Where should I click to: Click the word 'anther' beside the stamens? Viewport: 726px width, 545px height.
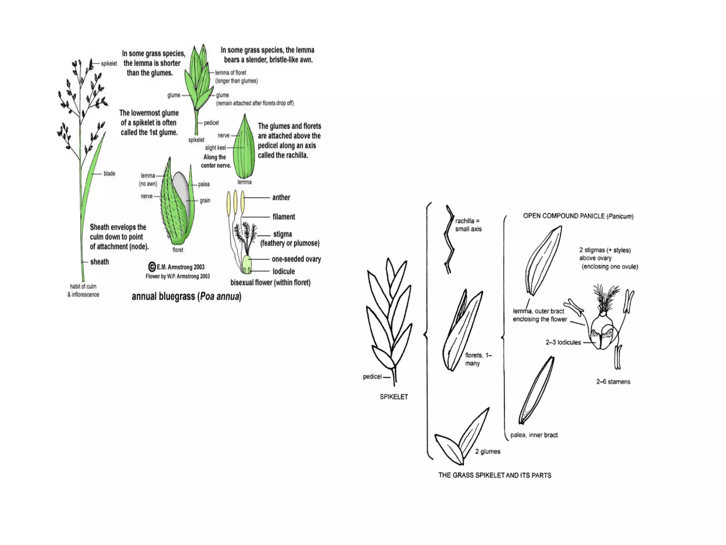[x=281, y=198]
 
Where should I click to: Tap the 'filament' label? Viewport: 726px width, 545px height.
[x=284, y=217]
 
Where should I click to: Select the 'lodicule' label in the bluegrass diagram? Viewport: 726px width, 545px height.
[x=284, y=271]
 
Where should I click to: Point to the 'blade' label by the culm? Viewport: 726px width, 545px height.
[x=109, y=174]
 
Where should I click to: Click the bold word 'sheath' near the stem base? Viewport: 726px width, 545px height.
[x=99, y=262]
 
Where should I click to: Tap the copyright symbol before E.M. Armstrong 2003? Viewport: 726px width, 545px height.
[x=152, y=267]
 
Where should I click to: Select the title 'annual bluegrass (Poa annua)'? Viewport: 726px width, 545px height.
[x=186, y=296]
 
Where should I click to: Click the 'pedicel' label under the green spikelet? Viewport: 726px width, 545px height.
[x=211, y=123]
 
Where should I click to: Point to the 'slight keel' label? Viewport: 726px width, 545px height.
[x=215, y=148]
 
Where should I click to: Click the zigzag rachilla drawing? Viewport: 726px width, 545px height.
[x=449, y=240]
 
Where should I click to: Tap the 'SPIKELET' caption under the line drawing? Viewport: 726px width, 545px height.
[x=393, y=397]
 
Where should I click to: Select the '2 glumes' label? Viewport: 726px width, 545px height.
[x=487, y=451]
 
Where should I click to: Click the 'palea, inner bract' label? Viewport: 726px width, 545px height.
[x=534, y=435]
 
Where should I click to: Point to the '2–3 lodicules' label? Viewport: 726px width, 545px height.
[x=563, y=342]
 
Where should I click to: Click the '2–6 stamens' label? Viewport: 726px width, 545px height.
[x=613, y=382]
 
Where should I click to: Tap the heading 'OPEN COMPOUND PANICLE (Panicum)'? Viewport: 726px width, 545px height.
[x=578, y=216]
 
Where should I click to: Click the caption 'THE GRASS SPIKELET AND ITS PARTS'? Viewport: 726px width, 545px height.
[x=495, y=475]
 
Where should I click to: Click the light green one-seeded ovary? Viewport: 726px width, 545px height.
[x=247, y=263]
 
